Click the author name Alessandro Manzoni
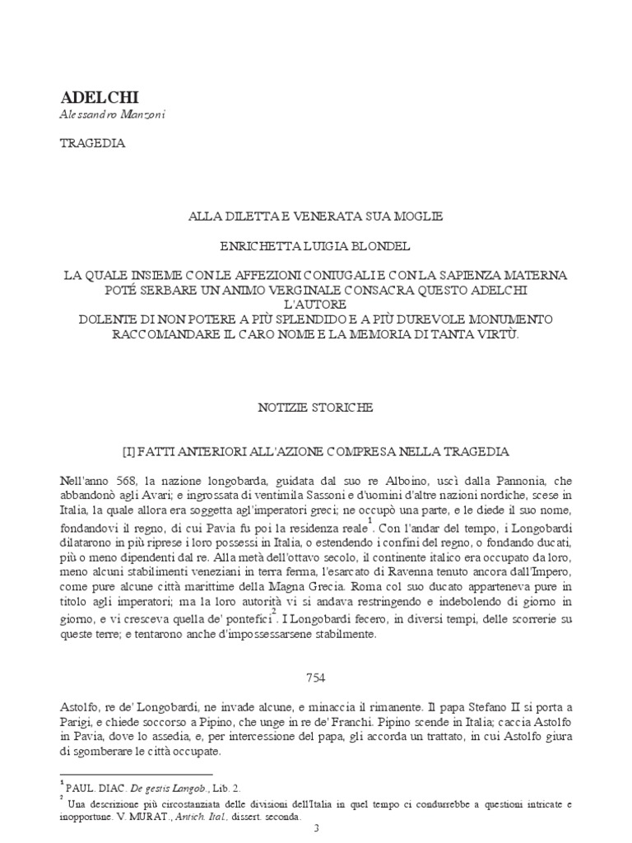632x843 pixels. point(112,116)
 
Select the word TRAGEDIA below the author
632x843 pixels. point(92,142)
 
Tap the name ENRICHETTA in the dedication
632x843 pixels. point(244,245)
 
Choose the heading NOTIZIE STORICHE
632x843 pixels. point(315,408)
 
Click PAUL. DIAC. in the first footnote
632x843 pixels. point(94,788)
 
